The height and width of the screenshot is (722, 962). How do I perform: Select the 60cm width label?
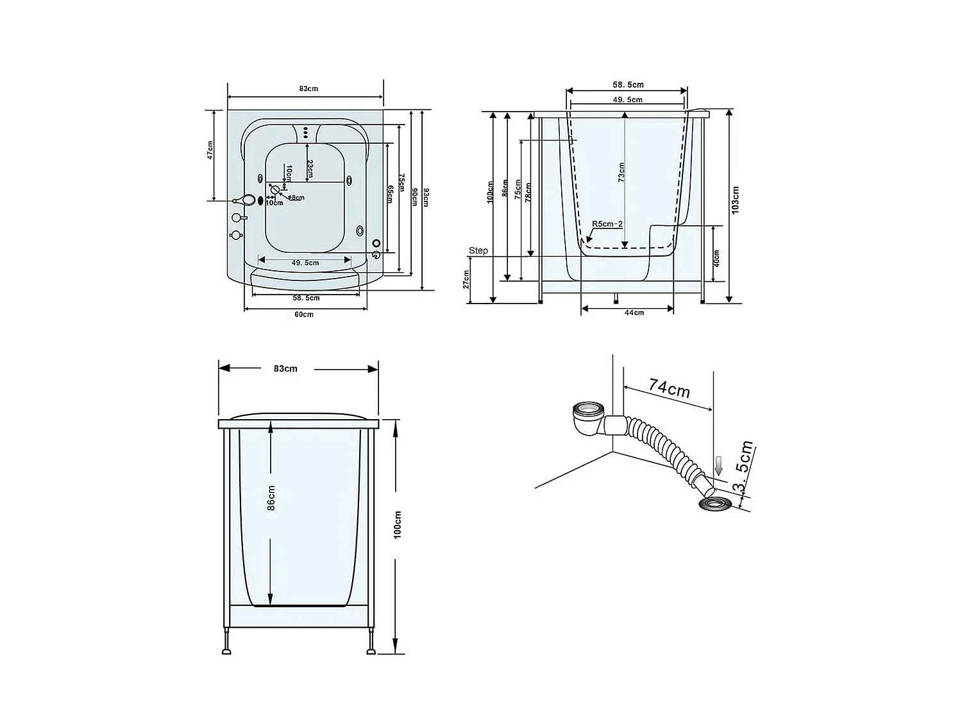pos(304,314)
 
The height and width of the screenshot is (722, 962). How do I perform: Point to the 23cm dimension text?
pos(310,168)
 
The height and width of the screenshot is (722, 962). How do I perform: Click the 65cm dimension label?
pos(389,193)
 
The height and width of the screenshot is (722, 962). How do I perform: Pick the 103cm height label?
pos(736,200)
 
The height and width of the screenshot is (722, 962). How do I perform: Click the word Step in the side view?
pos(478,250)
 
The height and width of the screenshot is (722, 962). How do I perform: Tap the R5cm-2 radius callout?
pos(607,223)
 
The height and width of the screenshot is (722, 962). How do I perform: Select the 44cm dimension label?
pos(634,313)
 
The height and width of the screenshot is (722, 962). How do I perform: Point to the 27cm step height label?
pos(466,279)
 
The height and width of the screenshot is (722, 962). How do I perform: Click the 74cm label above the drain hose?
pos(669,388)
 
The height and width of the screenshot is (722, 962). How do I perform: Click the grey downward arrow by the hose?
pos(718,465)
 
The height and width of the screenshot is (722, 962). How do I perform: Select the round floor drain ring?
pos(713,503)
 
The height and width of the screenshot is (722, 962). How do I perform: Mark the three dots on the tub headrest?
pos(306,132)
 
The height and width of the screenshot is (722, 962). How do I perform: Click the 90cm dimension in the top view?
pos(414,198)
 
